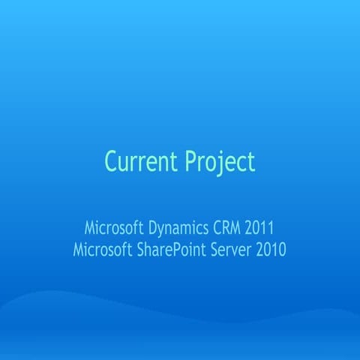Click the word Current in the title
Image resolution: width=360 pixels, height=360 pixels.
tap(140, 161)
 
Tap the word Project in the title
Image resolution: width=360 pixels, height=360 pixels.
tap(220, 162)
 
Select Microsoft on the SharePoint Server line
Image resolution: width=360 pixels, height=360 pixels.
tap(100, 249)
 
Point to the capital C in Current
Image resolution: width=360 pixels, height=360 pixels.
tap(111, 161)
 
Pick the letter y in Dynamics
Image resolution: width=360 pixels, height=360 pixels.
tap(162, 229)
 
